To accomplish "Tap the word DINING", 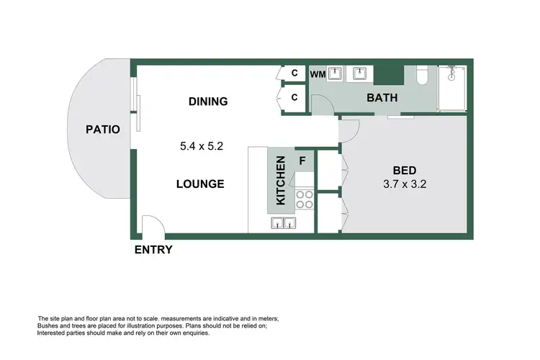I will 208,102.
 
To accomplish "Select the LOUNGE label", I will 200,184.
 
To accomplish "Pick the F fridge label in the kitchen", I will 302,159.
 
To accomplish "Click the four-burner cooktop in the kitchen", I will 304,199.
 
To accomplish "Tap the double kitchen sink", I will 284,223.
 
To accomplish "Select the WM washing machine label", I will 318,74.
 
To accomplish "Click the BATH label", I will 382,99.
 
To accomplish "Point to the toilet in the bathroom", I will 425,77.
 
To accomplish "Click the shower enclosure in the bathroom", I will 452,88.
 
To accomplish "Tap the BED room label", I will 403,171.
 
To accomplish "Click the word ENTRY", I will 153,250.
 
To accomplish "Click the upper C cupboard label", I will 294,73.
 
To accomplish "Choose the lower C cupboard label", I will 294,97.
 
